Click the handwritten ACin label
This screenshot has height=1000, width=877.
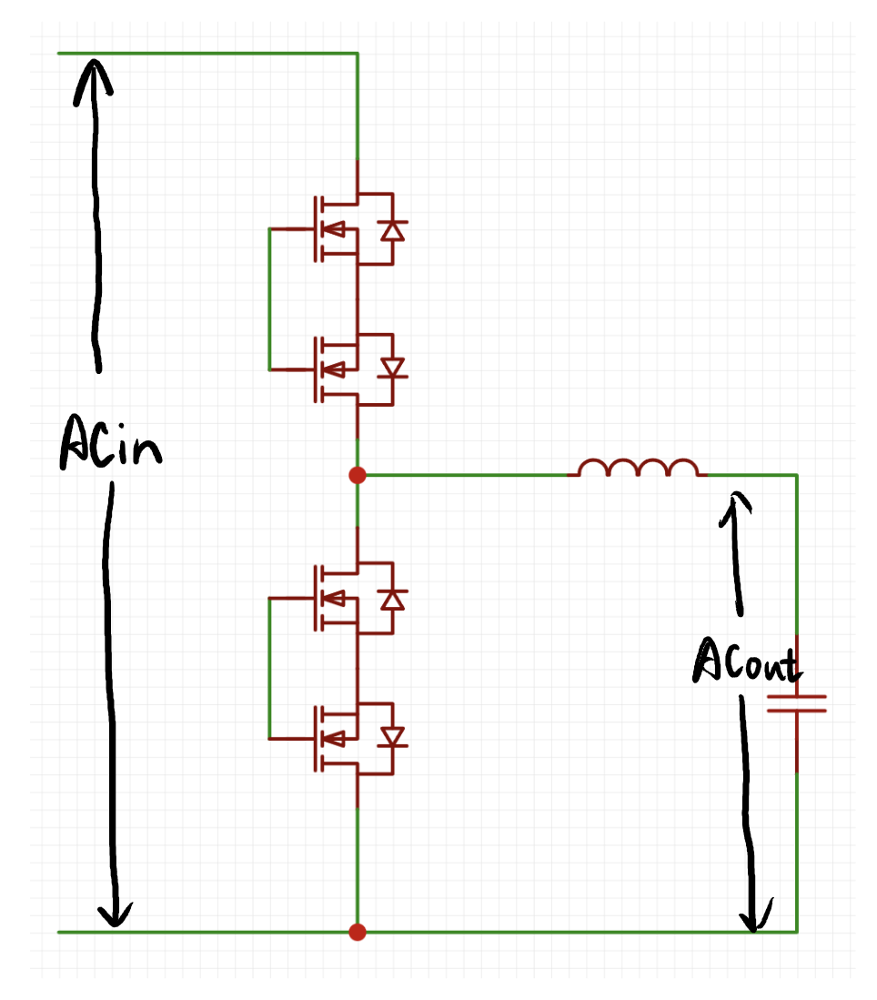click(111, 442)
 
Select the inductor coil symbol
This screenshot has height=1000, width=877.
click(638, 468)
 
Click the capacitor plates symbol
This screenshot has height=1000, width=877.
click(797, 703)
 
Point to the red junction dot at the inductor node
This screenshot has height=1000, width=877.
click(358, 475)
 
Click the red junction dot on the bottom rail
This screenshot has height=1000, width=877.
click(358, 933)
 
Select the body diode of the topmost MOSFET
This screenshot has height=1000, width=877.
click(392, 229)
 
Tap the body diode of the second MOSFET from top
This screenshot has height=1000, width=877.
click(392, 369)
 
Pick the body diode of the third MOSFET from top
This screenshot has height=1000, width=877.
click(392, 600)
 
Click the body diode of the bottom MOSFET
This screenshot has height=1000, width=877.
click(392, 739)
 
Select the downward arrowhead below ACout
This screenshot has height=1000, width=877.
click(756, 915)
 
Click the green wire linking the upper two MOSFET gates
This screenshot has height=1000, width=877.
click(269, 299)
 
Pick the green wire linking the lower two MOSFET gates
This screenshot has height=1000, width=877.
click(269, 669)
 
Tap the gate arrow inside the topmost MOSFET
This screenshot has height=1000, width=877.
click(334, 229)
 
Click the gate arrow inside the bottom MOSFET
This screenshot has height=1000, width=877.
click(334, 739)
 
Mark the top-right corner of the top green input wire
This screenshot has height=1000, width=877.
click(358, 54)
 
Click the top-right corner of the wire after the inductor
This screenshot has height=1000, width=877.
click(797, 475)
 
